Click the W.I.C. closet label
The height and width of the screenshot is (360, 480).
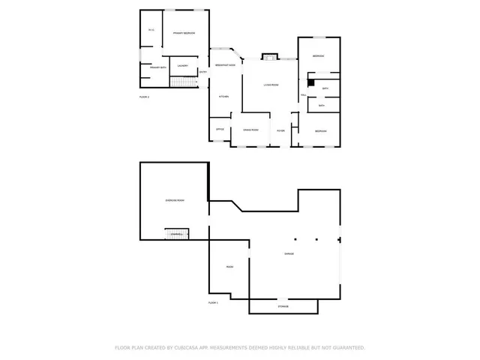point(151,30)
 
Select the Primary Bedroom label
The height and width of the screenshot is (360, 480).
point(184,33)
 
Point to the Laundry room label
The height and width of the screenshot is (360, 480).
point(182,66)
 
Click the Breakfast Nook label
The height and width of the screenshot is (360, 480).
point(225,65)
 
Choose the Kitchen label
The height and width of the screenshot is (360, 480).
point(223,97)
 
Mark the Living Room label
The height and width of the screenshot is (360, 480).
point(271,85)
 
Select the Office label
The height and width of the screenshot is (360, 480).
point(220,129)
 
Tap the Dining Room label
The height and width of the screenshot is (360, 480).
point(250,130)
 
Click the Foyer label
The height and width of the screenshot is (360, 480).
point(280,130)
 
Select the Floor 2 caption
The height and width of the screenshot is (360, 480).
point(145,97)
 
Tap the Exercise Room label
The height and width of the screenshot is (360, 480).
point(175,200)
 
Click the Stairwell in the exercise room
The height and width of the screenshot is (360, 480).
point(177,235)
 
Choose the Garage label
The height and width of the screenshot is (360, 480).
point(289,254)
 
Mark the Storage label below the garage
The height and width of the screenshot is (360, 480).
point(283,306)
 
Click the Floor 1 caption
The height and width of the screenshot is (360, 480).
point(213,302)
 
